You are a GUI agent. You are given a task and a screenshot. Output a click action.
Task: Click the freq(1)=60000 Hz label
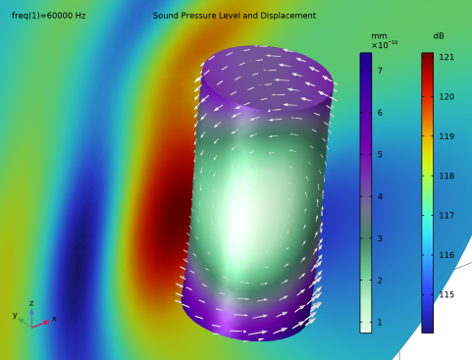pyautogui.click(x=49, y=16)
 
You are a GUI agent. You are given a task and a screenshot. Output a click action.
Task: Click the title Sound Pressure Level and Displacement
pyautogui.click(x=235, y=16)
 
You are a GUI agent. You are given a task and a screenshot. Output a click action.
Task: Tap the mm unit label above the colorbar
pyautogui.click(x=379, y=36)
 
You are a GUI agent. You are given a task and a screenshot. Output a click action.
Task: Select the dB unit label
pyautogui.click(x=439, y=35)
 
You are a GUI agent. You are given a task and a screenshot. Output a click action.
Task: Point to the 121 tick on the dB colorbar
pyautogui.click(x=446, y=57)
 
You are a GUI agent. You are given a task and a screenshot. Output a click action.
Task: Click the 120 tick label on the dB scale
pyautogui.click(x=446, y=97)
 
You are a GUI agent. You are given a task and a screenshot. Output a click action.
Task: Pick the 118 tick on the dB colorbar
pyautogui.click(x=446, y=176)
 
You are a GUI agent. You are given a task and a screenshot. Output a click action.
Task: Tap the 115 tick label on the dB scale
pyautogui.click(x=446, y=294)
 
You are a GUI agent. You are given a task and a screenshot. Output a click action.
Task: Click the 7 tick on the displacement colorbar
pyautogui.click(x=380, y=71)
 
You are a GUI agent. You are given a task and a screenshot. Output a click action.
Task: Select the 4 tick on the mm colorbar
pyautogui.click(x=380, y=196)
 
